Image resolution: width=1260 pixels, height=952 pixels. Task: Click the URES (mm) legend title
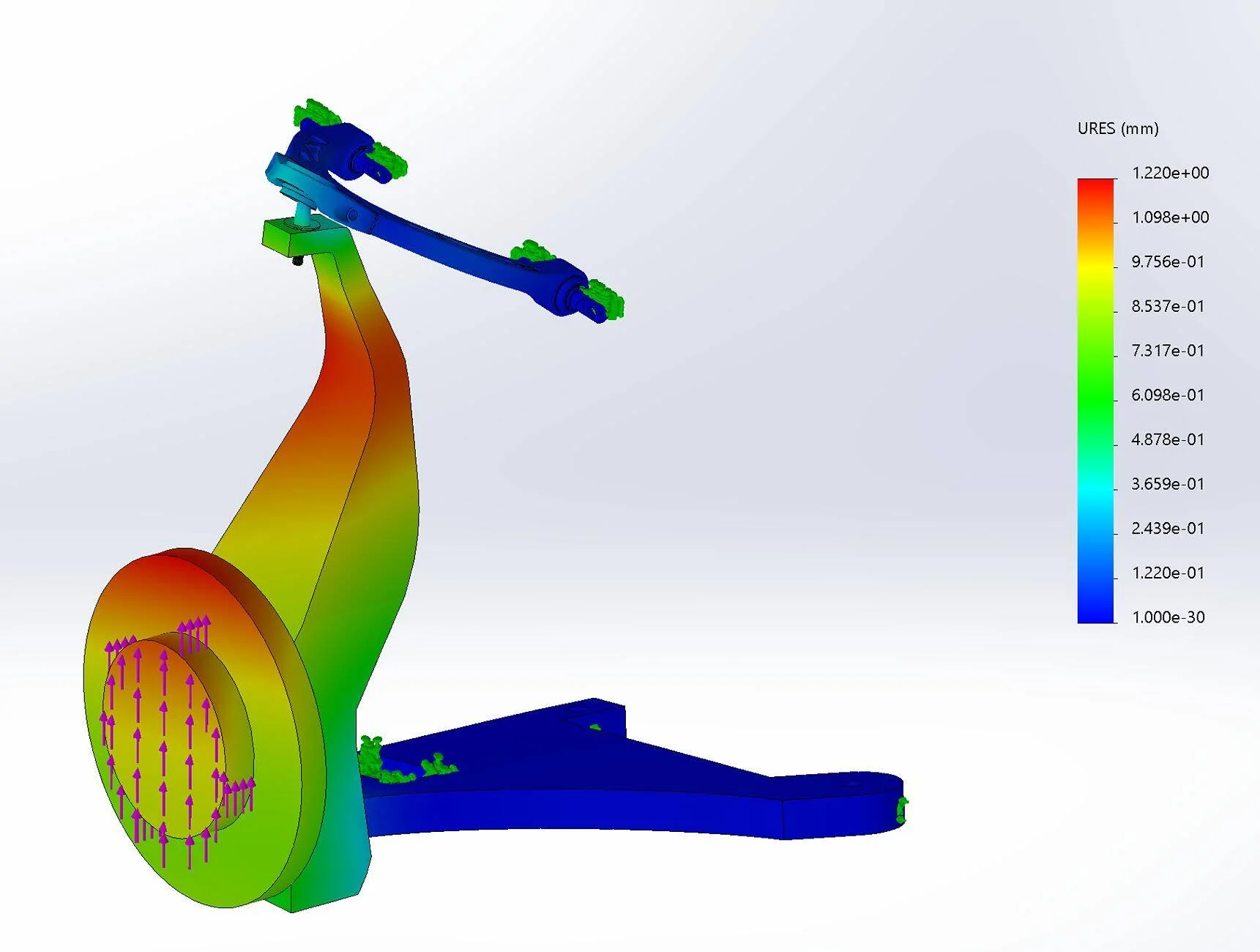tap(1118, 129)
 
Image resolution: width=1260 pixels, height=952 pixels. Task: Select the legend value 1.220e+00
tap(1170, 173)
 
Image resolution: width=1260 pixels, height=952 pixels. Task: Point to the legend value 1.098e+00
tap(1170, 217)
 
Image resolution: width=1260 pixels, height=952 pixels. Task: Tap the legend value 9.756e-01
tap(1168, 262)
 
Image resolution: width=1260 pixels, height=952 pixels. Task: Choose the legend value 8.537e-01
tap(1168, 306)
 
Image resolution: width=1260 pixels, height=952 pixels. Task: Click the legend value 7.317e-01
tap(1168, 351)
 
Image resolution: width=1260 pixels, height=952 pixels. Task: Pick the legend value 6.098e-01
tap(1168, 395)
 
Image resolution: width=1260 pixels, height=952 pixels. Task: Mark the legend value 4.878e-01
tap(1168, 439)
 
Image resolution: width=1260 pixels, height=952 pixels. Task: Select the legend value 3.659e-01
tap(1168, 484)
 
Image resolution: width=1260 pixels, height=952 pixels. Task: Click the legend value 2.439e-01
tap(1168, 529)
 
